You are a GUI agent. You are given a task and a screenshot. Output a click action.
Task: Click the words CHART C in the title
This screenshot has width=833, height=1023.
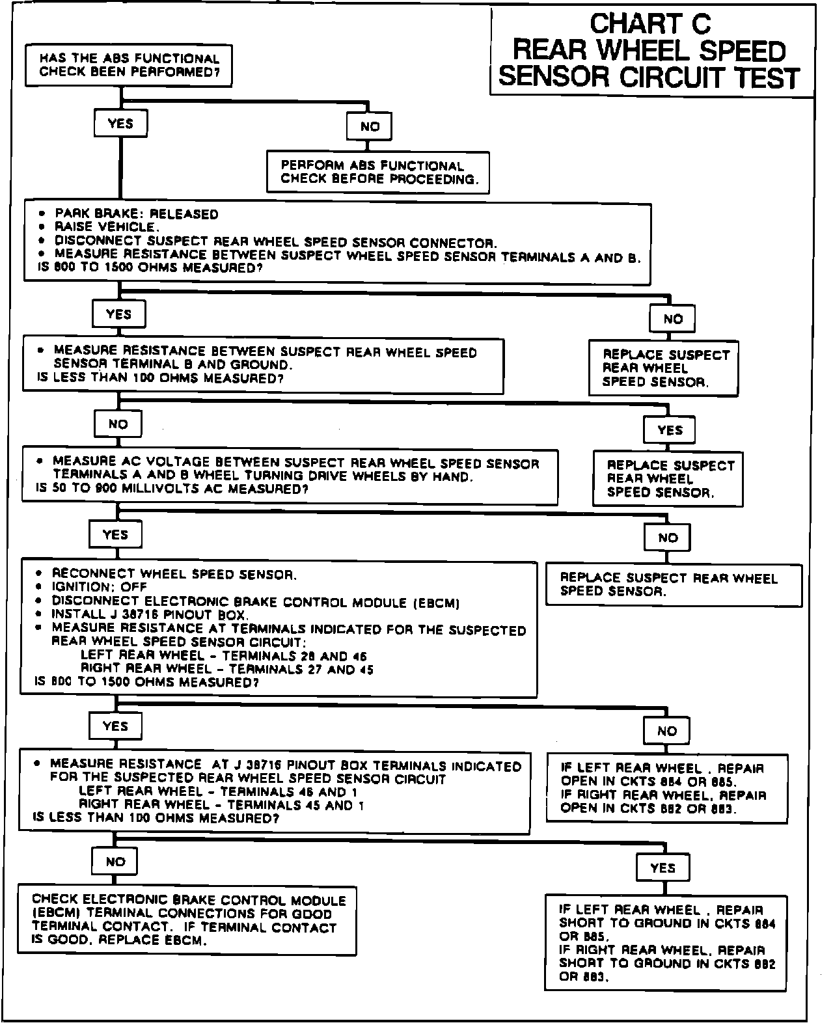click(x=650, y=25)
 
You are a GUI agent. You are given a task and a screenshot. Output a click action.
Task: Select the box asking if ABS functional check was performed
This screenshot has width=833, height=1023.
click(x=129, y=65)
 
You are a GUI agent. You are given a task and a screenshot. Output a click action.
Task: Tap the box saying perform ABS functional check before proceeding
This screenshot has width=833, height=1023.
click(x=377, y=172)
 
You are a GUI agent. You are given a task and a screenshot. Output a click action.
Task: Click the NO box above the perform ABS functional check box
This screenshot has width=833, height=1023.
click(x=370, y=126)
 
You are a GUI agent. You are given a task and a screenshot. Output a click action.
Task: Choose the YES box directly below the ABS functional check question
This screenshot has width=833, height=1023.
click(x=120, y=123)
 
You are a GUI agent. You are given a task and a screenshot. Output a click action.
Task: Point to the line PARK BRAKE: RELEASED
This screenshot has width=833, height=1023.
click(x=137, y=214)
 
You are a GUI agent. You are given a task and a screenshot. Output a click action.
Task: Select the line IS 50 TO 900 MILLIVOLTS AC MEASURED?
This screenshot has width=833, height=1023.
click(x=172, y=489)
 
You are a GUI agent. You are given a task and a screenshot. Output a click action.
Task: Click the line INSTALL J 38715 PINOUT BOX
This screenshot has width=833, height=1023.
click(x=150, y=614)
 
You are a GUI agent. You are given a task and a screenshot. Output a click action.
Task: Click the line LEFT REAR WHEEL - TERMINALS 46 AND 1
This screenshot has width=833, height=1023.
click(x=219, y=792)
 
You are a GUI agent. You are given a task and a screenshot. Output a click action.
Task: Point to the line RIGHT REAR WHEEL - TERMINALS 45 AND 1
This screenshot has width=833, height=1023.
click(x=221, y=805)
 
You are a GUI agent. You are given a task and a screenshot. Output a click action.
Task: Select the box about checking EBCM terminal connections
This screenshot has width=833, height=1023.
click(x=187, y=920)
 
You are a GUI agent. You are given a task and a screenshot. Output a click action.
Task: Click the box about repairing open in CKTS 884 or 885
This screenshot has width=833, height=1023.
click(x=666, y=788)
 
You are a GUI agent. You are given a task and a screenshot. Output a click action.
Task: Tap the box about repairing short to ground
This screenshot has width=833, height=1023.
click(x=666, y=943)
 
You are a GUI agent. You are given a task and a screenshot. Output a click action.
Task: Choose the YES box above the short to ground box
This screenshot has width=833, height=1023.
click(x=662, y=867)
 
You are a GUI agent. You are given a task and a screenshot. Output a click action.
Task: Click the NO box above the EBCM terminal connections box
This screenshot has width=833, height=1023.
click(x=115, y=861)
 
